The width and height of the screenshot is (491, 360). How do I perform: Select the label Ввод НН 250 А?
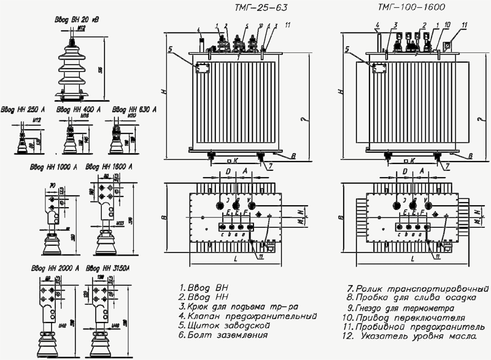tap(26, 109)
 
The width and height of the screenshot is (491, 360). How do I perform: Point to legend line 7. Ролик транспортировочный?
tap(411, 288)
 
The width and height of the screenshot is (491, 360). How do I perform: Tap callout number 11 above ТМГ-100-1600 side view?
tap(464, 25)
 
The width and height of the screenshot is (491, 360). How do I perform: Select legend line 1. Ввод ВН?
tap(207, 287)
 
